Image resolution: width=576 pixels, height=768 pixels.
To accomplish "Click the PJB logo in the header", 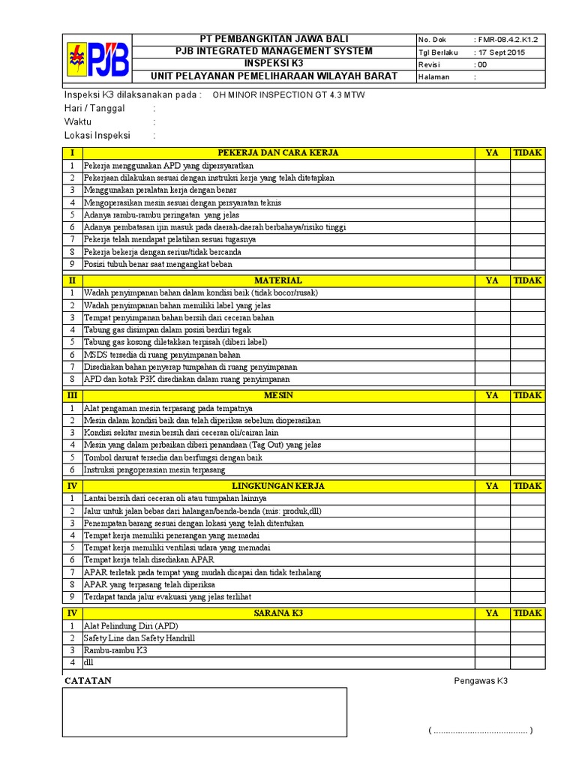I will (x=96, y=59).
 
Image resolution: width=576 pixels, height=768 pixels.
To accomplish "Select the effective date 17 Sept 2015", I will (x=501, y=52).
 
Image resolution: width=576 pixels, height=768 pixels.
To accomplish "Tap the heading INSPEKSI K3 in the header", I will (x=273, y=63).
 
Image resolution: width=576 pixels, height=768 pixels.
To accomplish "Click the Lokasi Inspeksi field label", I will (x=97, y=136).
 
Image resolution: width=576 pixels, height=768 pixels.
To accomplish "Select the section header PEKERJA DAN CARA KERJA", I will (x=278, y=153).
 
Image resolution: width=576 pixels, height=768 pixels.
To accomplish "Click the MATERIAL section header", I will (x=278, y=280).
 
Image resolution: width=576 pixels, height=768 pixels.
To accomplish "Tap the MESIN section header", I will (x=278, y=395).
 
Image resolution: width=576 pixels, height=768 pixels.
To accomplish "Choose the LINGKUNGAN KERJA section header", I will (x=278, y=486).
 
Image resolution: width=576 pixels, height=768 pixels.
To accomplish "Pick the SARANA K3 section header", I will (x=278, y=613).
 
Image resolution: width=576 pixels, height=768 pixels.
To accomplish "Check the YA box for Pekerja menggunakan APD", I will (x=492, y=166).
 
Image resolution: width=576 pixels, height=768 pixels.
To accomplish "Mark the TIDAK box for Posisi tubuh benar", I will (x=528, y=264).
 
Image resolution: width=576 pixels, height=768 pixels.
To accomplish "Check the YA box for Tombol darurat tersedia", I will (x=492, y=457).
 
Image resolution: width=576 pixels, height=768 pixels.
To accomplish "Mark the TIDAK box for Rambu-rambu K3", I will (x=528, y=650).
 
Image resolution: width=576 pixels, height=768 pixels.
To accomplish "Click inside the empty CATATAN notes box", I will (x=205, y=712).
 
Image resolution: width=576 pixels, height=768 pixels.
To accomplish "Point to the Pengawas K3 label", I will (x=481, y=681).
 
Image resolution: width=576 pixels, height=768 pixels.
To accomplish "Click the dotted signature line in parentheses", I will (x=480, y=730).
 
